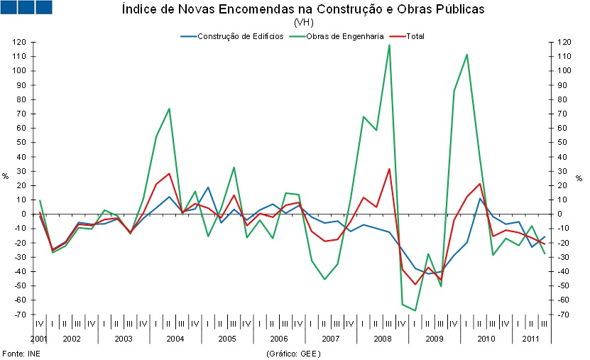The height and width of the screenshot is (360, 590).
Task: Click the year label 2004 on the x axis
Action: click(175, 338)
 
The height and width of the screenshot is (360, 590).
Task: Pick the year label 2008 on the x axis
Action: click(382, 338)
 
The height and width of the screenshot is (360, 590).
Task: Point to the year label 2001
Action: click(39, 338)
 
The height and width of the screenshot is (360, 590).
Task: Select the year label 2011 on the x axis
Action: click(531, 338)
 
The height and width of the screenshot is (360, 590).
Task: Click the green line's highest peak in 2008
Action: click(389, 45)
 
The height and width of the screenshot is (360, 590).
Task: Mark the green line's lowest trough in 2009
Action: click(415, 310)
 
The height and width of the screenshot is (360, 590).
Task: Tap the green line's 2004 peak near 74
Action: click(169, 109)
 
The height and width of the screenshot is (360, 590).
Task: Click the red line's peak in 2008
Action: click(389, 169)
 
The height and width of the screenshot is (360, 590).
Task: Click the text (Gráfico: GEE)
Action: click(293, 353)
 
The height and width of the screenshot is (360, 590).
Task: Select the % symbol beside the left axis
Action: click(6, 177)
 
